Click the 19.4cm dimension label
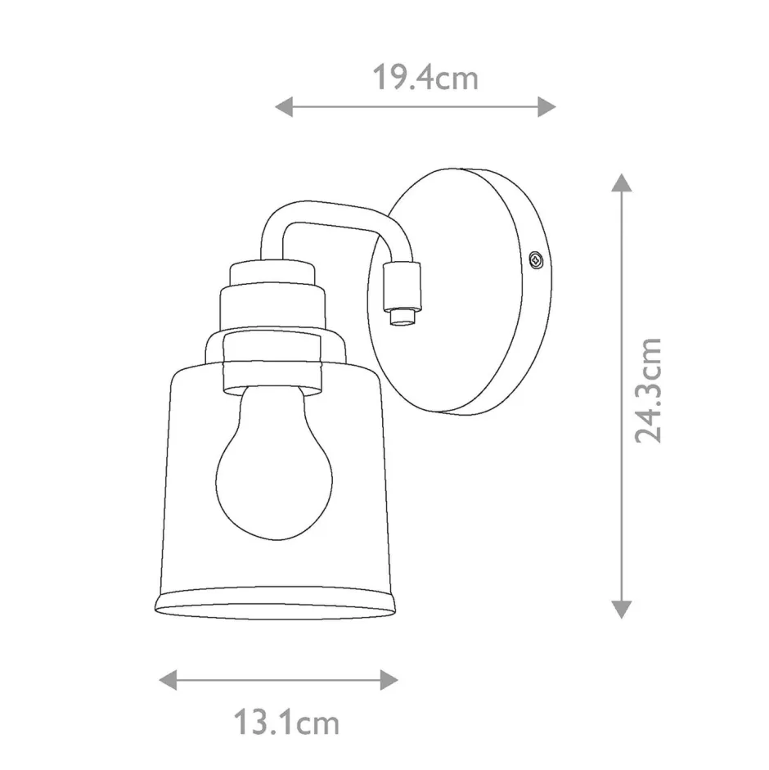pyautogui.click(x=425, y=78)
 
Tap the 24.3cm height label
pyautogui.click(x=648, y=390)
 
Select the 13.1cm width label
pyautogui.click(x=286, y=723)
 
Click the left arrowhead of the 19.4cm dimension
pyautogui.click(x=284, y=106)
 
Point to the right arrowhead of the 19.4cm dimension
pyautogui.click(x=546, y=106)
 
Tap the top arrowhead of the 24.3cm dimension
pyautogui.click(x=622, y=182)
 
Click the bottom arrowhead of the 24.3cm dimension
pyautogui.click(x=622, y=610)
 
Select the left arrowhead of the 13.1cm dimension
pyautogui.click(x=168, y=680)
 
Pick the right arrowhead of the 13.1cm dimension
pyautogui.click(x=389, y=680)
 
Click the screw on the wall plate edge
pyautogui.click(x=535, y=259)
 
